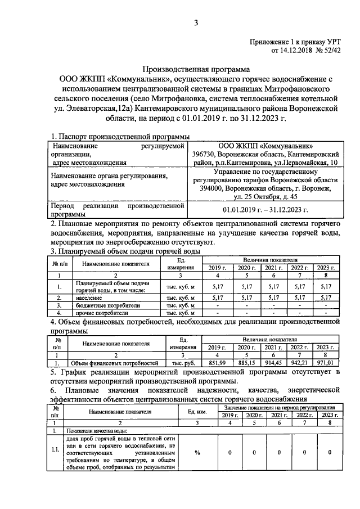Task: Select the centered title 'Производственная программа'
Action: pyautogui.click(x=196, y=70)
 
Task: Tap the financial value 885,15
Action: pyautogui.click(x=246, y=363)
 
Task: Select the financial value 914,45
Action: pyautogui.click(x=273, y=363)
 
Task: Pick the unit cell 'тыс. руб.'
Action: pyautogui.click(x=183, y=363)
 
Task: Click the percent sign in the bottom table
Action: pyautogui.click(x=197, y=452)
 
